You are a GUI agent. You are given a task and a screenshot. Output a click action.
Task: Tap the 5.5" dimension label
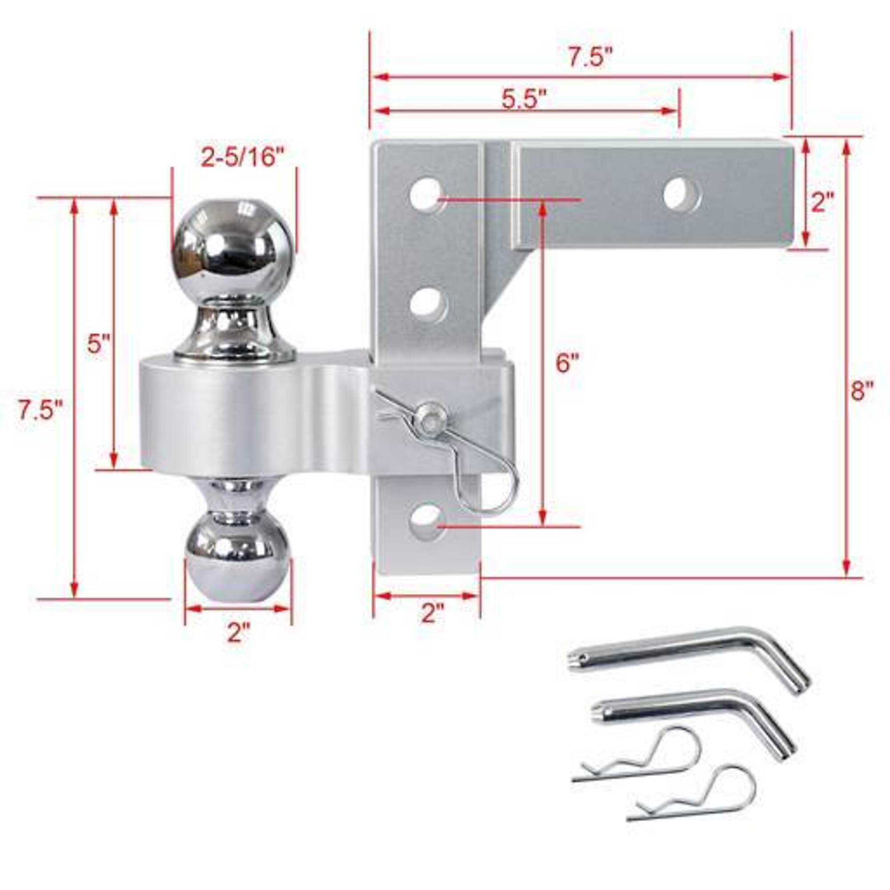coord(524,99)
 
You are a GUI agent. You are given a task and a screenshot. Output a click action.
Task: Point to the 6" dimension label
coord(566,364)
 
